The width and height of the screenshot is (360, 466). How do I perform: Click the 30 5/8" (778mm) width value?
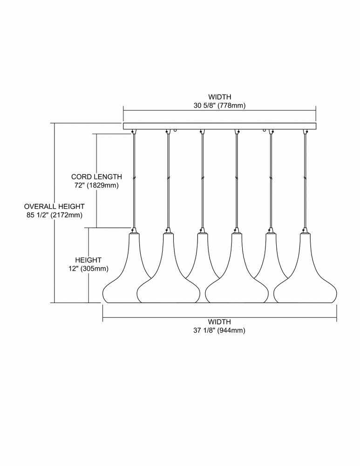click(x=219, y=105)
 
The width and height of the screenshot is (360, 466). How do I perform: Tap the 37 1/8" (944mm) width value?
click(x=219, y=330)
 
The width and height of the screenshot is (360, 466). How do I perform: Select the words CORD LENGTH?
click(x=96, y=177)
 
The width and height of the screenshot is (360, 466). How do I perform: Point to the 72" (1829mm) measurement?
click(x=96, y=185)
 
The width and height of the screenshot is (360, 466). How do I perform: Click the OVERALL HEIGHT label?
click(x=54, y=206)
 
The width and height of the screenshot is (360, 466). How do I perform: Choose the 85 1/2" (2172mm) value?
click(x=54, y=215)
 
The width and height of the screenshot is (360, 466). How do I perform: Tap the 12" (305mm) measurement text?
click(x=88, y=269)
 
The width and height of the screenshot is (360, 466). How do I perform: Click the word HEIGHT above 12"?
click(x=88, y=260)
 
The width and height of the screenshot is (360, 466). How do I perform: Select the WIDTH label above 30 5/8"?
click(x=219, y=97)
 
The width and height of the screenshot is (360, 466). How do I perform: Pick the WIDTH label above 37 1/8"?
click(x=219, y=322)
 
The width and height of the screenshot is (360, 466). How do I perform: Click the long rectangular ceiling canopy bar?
click(x=219, y=126)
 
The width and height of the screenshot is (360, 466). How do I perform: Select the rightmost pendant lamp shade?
click(x=306, y=268)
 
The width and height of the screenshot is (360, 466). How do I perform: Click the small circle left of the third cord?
click(x=176, y=130)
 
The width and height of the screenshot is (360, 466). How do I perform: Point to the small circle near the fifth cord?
click(x=265, y=130)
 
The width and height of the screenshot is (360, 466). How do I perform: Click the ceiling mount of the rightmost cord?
click(x=305, y=131)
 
